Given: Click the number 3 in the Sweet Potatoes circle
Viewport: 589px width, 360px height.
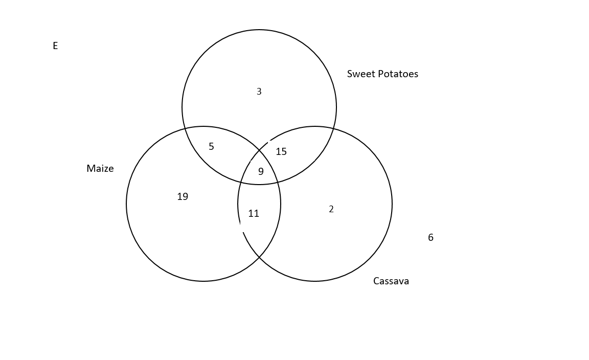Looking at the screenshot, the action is [x=259, y=92].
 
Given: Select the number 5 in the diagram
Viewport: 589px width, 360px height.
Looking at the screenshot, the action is [x=211, y=147].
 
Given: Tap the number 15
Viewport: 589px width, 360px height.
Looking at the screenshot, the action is [x=281, y=151].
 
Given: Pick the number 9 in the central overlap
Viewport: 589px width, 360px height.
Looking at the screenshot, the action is [x=261, y=172].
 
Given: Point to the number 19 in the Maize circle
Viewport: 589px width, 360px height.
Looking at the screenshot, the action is [x=183, y=196].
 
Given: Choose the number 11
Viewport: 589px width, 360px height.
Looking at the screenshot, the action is [x=254, y=214].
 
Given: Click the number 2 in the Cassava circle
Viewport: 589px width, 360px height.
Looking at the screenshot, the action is [x=331, y=209].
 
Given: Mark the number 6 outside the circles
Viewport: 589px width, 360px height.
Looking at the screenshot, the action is [x=431, y=237].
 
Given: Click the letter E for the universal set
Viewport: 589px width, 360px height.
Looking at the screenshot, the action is [x=55, y=46].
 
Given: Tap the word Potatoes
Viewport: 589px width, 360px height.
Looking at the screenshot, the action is [x=398, y=74].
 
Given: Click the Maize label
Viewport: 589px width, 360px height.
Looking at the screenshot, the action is [x=100, y=169].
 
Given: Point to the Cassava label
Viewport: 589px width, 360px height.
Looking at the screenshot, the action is [x=391, y=281].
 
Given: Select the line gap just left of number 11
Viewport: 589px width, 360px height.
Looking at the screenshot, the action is [x=240, y=228].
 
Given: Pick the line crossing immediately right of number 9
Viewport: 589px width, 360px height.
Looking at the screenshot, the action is [x=277, y=181].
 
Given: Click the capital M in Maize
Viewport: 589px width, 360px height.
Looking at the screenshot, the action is [x=90, y=169].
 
